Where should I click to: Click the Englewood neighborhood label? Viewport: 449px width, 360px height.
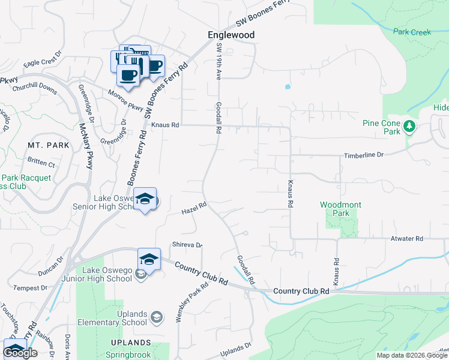[x=231, y=35]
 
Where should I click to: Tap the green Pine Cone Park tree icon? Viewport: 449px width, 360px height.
[x=409, y=126]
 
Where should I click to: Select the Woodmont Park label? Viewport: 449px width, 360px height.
[x=340, y=209]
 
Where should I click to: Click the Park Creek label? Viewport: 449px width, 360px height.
[x=412, y=32]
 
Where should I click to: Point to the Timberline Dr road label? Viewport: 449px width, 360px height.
[x=363, y=155]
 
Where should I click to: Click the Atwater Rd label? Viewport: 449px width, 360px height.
[x=406, y=239]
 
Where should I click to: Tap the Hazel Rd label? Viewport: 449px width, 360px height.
[x=194, y=209]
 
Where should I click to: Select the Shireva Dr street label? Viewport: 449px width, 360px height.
[x=187, y=245]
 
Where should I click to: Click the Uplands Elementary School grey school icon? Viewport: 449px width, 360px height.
[x=156, y=317]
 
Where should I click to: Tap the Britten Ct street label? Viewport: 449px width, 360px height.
[x=41, y=164]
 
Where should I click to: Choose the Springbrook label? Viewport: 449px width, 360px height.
[x=128, y=355]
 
